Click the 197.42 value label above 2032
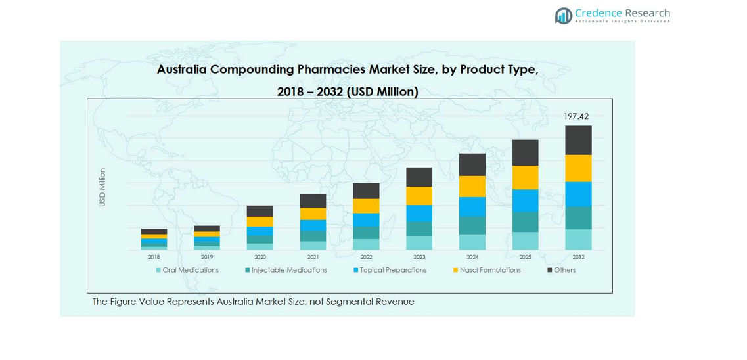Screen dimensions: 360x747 (576, 116)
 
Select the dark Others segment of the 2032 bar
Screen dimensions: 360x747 (578, 140)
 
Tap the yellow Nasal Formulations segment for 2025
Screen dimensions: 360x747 (525, 177)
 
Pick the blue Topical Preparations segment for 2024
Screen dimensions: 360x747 (472, 207)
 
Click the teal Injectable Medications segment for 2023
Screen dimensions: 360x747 (419, 229)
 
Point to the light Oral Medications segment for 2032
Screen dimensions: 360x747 (578, 239)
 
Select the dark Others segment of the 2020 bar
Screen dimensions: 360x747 (260, 211)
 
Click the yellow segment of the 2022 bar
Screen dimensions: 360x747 (366, 206)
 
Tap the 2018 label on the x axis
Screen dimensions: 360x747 (154, 257)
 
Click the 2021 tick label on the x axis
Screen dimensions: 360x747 (313, 257)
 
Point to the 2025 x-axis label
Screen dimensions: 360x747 (525, 257)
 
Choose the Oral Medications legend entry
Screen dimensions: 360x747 (187, 270)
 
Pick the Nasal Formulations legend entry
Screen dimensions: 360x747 (487, 270)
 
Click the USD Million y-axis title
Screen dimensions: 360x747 (102, 187)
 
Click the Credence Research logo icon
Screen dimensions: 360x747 (563, 16)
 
